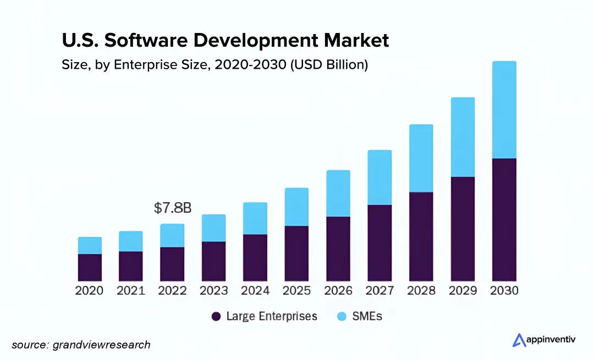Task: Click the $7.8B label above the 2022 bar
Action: click(172, 208)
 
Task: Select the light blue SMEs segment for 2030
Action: click(504, 110)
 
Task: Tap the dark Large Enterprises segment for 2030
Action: click(504, 220)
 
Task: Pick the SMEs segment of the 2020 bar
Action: click(90, 246)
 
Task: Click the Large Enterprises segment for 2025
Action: click(296, 253)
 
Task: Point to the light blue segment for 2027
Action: click(380, 178)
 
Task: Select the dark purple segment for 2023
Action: click(213, 261)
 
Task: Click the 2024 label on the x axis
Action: click(255, 291)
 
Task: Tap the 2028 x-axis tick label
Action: click(421, 291)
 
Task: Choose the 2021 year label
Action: click(131, 291)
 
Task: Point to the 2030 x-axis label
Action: click(504, 291)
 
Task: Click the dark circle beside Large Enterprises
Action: click(216, 317)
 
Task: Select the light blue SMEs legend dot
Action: click(341, 317)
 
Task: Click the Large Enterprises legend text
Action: click(272, 317)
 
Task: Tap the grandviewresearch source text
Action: click(101, 345)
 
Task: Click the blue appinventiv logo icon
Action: click(519, 340)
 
